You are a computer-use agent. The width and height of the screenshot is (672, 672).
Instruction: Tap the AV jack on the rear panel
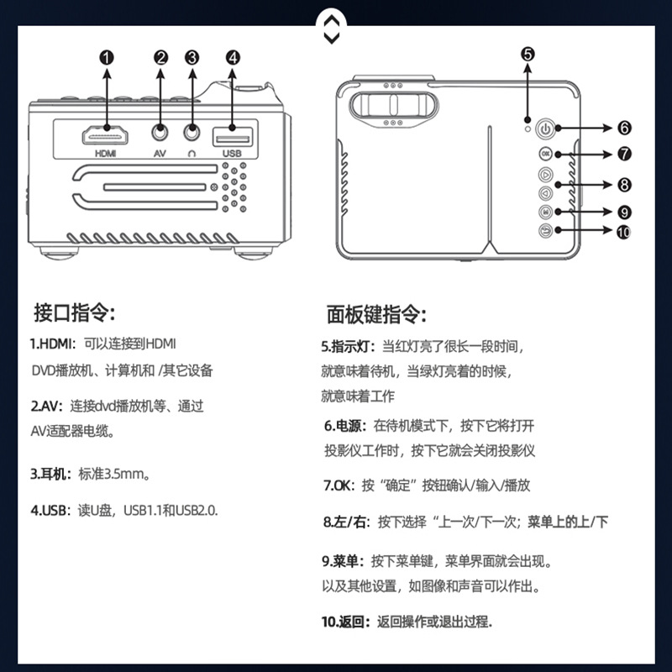160,132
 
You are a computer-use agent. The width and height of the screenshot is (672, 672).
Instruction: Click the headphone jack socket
193,132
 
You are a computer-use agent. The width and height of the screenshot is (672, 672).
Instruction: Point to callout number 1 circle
107,57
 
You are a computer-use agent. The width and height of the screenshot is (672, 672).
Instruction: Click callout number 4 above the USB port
233,57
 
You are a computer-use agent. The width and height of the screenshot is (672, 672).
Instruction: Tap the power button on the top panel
546,130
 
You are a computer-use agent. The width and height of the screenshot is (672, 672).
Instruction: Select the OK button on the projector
546,155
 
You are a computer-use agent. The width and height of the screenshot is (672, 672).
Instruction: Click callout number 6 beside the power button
624,129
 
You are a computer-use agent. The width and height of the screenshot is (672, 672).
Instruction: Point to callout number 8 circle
624,184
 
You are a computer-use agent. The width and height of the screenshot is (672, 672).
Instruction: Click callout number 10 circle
623,232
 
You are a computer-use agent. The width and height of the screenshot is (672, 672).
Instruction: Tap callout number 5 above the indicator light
527,53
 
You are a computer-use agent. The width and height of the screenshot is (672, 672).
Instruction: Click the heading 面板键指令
376,315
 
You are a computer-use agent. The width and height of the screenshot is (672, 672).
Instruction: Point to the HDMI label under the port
106,154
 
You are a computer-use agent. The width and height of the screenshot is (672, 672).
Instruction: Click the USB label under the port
233,154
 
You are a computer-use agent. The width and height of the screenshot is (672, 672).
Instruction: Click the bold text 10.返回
345,622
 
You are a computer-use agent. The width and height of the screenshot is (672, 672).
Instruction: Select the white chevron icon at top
332,28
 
